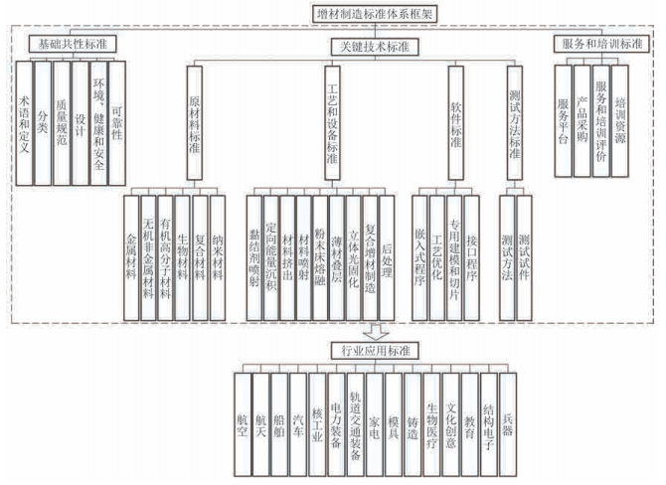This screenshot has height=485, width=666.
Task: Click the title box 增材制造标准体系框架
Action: click(x=374, y=14)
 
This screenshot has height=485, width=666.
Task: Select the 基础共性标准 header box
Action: click(x=73, y=44)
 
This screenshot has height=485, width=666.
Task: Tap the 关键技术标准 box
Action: click(x=375, y=47)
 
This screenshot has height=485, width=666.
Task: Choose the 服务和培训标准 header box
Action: click(x=601, y=44)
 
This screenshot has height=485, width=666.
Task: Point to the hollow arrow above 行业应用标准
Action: click(x=376, y=332)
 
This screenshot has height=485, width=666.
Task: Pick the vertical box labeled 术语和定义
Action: click(x=24, y=123)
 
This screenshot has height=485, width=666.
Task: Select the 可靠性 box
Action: click(x=117, y=123)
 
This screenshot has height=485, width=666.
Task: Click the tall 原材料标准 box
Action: click(x=195, y=123)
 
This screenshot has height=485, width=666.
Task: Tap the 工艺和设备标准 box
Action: click(x=333, y=123)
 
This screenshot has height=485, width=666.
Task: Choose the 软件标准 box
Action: click(x=455, y=123)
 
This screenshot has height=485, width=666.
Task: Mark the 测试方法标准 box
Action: click(x=515, y=123)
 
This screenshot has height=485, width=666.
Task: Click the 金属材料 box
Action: click(x=131, y=257)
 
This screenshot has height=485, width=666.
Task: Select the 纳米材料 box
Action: click(x=218, y=257)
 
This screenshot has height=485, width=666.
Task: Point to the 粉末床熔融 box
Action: click(x=320, y=257)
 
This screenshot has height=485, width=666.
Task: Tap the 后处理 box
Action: click(x=387, y=257)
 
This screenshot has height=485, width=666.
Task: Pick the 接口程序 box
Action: click(x=472, y=257)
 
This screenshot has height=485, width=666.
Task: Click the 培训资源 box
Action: click(x=620, y=121)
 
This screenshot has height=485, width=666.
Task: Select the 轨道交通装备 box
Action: click(x=355, y=424)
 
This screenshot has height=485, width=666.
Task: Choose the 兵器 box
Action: click(x=508, y=424)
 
